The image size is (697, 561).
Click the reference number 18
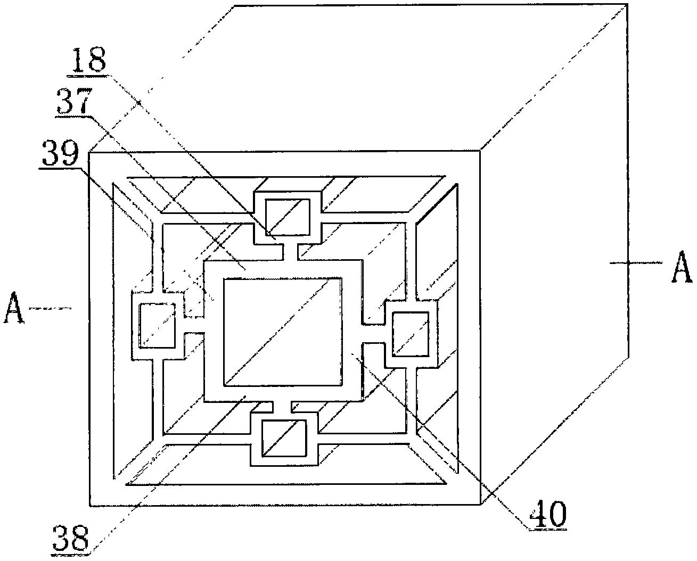click(x=89, y=60)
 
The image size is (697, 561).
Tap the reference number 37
click(x=73, y=101)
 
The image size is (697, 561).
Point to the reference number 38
click(x=71, y=539)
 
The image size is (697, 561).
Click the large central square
click(x=283, y=332)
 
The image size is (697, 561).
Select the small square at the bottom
click(x=284, y=438)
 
